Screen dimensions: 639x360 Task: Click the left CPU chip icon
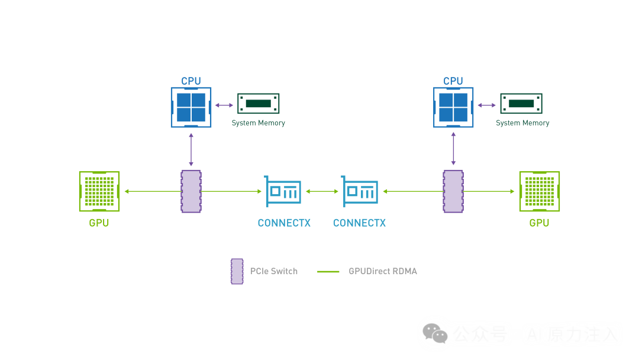[x=191, y=107]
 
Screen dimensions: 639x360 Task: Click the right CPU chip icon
[x=453, y=107]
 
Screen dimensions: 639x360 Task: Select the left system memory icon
[x=259, y=104]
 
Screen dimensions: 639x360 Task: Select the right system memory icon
[x=521, y=104]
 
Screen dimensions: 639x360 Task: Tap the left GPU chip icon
[x=99, y=191]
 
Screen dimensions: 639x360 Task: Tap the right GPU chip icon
[x=540, y=191]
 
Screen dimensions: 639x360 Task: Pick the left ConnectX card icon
[x=283, y=191]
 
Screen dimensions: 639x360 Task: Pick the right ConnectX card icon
[x=360, y=191]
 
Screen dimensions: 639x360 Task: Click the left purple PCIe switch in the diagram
[x=191, y=191]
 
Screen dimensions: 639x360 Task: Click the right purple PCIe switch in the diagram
[x=453, y=191]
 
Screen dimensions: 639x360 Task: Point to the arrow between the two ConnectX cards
[x=322, y=191]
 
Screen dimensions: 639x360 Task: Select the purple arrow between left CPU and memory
[x=224, y=105]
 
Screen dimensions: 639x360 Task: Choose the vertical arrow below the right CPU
[x=453, y=149]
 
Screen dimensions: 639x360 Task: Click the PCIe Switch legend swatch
[x=237, y=271]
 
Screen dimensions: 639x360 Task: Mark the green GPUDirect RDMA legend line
[x=328, y=272]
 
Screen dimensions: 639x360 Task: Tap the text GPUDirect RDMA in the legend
[x=383, y=271]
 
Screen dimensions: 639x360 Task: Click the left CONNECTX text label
[x=284, y=223]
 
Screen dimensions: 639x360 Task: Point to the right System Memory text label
[x=522, y=123]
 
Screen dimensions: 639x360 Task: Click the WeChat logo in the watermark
[x=435, y=333]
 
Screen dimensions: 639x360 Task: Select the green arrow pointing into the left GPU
[x=153, y=191]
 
